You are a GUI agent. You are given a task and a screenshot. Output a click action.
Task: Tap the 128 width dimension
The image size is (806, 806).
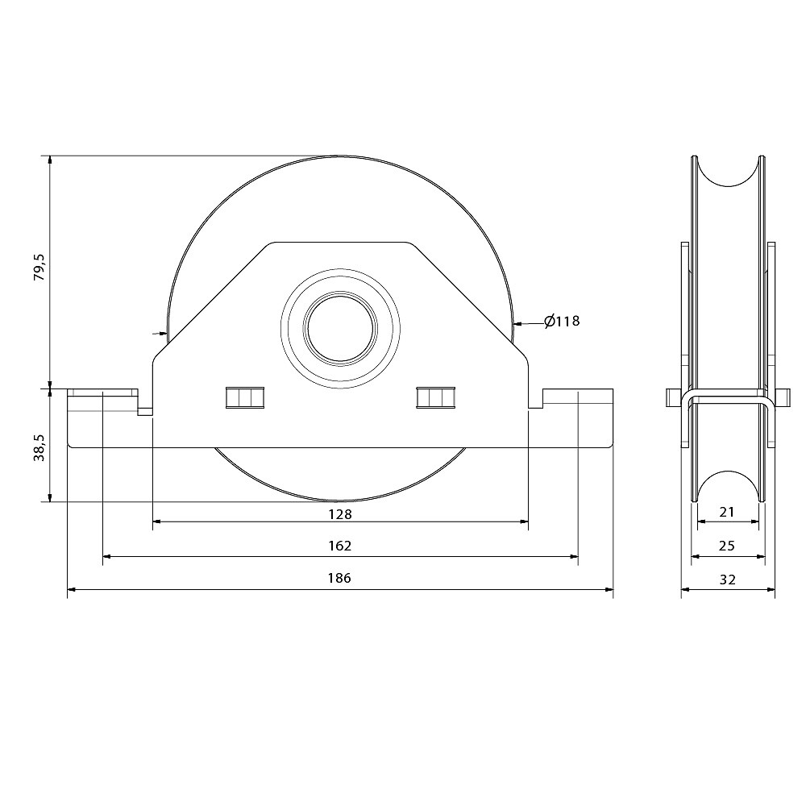pyautogui.click(x=340, y=513)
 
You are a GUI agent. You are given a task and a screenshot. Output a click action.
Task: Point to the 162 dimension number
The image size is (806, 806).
pyautogui.click(x=340, y=546)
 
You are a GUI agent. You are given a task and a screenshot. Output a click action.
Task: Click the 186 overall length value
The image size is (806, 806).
pyautogui.click(x=340, y=579)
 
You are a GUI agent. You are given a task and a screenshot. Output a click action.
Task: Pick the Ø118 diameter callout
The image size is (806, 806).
pyautogui.click(x=562, y=322)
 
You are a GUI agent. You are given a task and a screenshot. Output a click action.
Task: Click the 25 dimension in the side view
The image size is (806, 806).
pyautogui.click(x=727, y=546)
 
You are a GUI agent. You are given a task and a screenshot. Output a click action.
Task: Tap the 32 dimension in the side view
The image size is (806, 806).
pyautogui.click(x=727, y=579)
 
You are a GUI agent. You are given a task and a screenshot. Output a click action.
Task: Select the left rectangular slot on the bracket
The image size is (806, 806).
pyautogui.click(x=245, y=398)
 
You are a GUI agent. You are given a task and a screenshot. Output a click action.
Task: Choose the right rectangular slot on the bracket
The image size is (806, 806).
pyautogui.click(x=435, y=398)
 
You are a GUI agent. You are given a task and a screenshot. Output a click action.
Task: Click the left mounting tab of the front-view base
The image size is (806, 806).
pyautogui.click(x=102, y=401)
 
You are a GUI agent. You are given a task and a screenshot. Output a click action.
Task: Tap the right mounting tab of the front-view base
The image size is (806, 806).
pyautogui.click(x=578, y=401)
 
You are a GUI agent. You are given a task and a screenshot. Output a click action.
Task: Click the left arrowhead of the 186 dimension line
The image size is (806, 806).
pyautogui.click(x=71, y=589)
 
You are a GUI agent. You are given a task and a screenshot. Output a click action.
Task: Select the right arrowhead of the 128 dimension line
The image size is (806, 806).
pyautogui.click(x=524, y=522)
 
